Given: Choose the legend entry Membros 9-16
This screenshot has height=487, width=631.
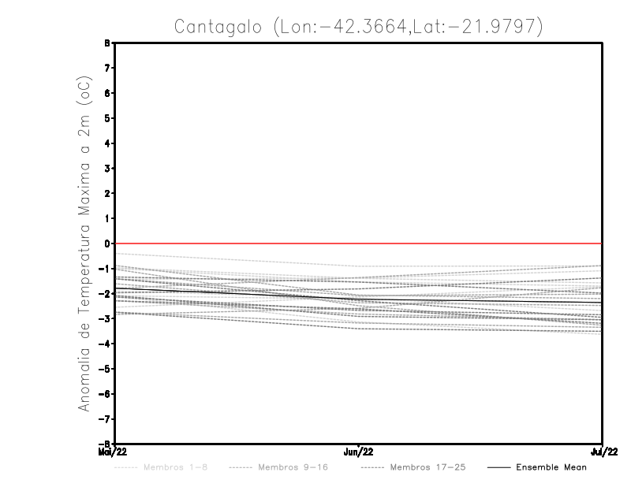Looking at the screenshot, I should coord(288,467).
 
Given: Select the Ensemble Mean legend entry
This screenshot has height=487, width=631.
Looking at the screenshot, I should coord(551,467).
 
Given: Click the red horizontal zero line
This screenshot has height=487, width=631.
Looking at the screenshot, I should coord(359,243).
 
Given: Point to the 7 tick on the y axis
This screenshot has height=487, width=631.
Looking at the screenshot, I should coord(106,68).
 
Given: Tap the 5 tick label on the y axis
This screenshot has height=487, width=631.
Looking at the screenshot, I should coord(106,118).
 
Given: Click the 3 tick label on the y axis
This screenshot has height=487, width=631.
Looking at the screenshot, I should coord(106,168).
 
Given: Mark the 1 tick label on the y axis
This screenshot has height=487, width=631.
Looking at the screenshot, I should coord(106,218).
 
